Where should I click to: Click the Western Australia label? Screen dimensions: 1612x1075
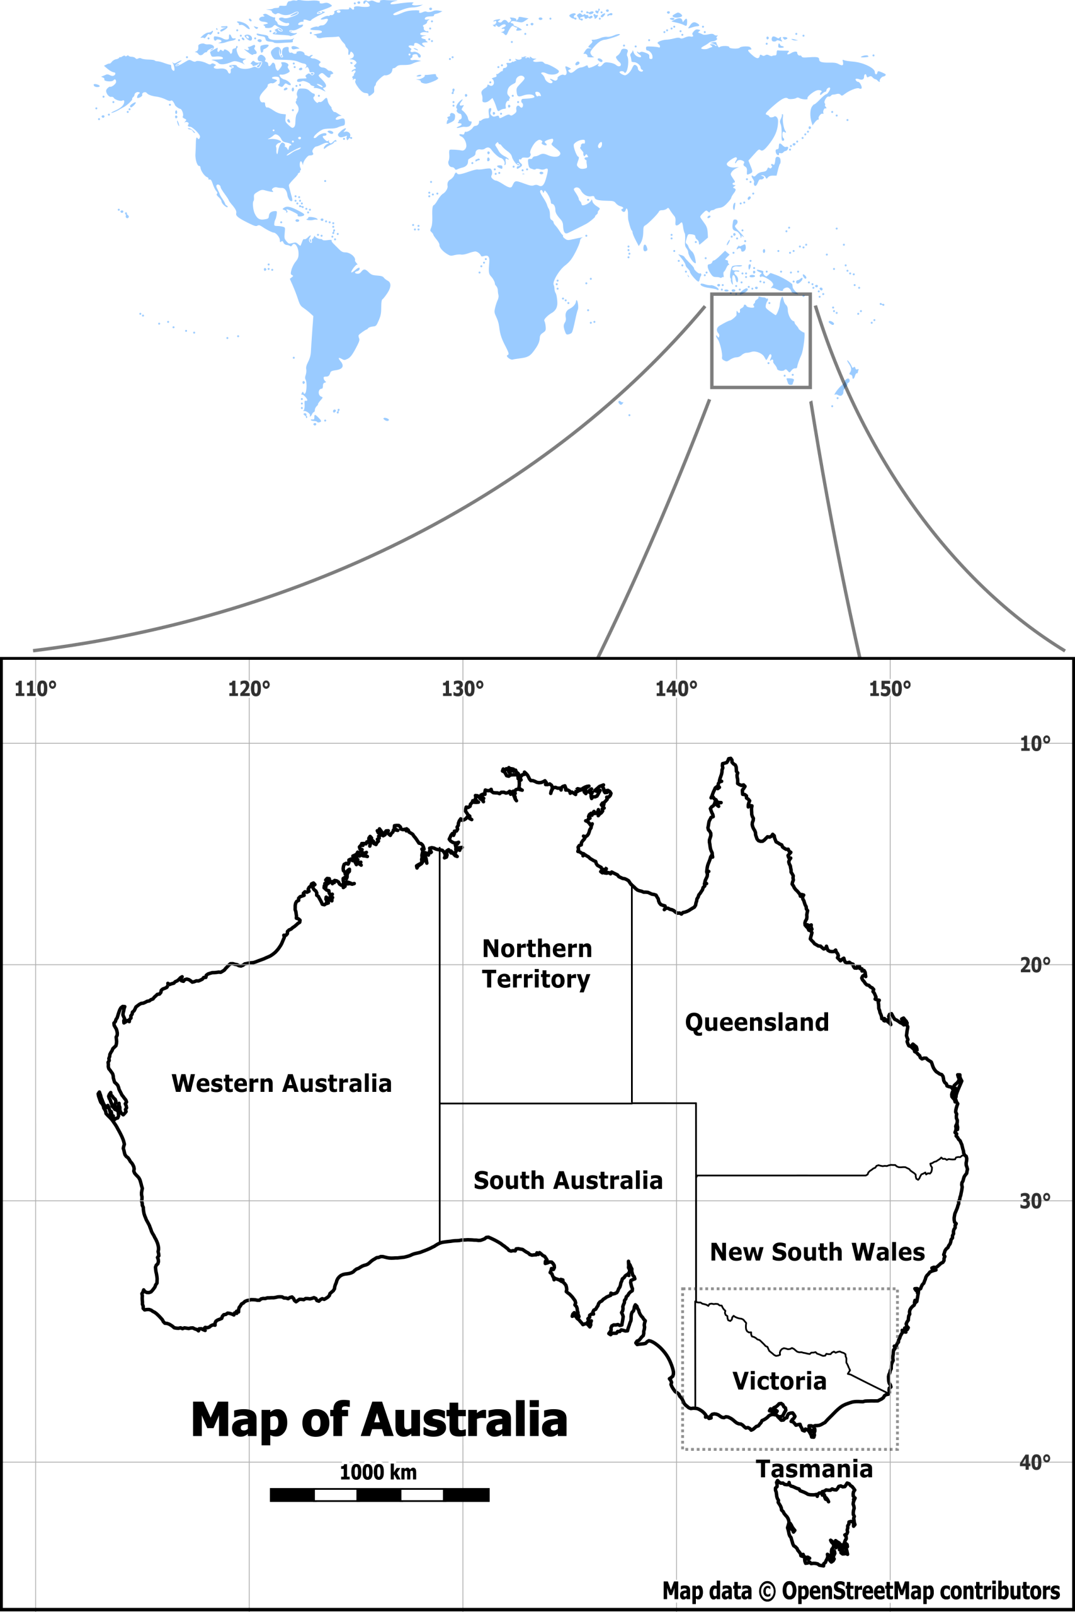coord(281,1084)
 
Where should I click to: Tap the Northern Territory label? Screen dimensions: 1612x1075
coord(536,963)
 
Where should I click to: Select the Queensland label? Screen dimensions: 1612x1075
coord(756,1023)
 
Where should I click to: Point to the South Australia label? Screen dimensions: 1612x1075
coord(567,1180)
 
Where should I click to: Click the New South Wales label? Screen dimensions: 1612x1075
coord(817,1252)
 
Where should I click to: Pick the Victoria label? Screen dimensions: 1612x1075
coord(779,1381)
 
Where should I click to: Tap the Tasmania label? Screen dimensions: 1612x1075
coord(814,1470)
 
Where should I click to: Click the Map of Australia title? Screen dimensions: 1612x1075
coord(379,1420)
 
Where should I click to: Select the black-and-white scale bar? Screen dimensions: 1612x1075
coord(379,1495)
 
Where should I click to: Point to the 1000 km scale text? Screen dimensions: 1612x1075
coord(378,1472)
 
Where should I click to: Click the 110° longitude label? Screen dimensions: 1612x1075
coord(36,689)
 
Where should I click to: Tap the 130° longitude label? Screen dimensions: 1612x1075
coord(462,689)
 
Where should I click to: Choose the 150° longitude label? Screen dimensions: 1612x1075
coord(890,689)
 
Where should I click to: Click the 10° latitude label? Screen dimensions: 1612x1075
coord(1035,744)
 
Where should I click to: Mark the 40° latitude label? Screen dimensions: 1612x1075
coord(1035,1463)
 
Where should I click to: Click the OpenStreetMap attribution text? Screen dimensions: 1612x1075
coord(860,1590)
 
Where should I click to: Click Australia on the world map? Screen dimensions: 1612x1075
coord(758,336)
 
